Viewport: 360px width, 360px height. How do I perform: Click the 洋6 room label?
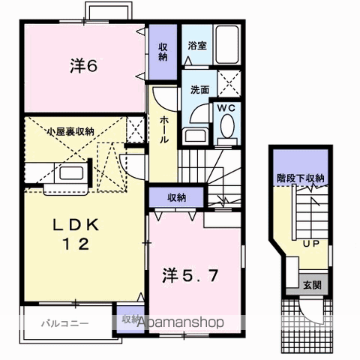click(x=84, y=66)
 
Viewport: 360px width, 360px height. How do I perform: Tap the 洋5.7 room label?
click(x=190, y=275)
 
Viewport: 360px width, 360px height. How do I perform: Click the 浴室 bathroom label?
click(x=197, y=44)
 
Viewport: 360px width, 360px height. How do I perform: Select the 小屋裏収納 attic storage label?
click(x=70, y=131)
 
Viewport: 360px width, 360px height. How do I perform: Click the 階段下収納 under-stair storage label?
click(x=298, y=178)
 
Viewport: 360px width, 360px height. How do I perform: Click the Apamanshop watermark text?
click(x=180, y=322)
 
